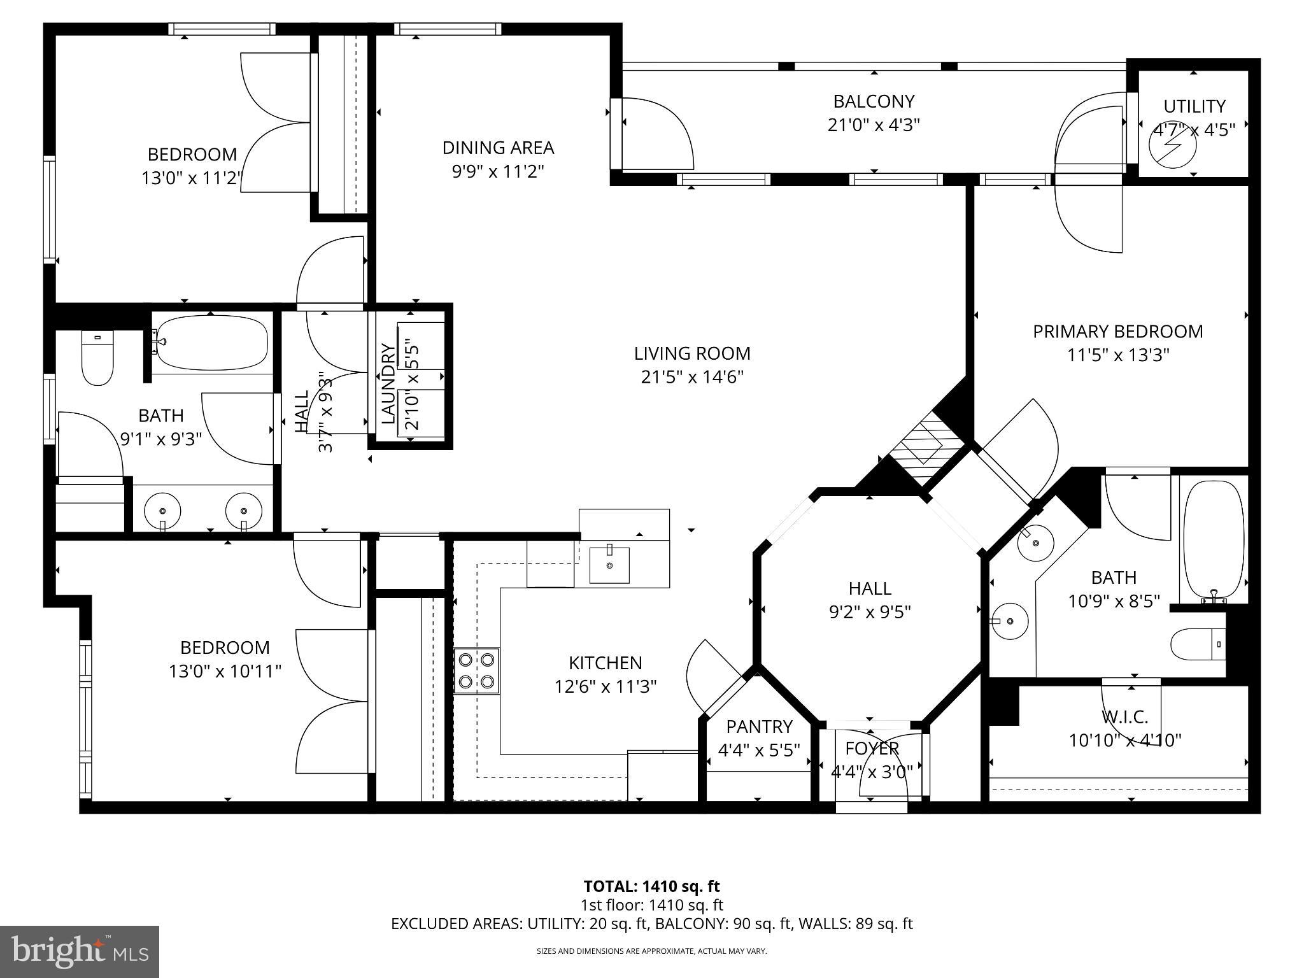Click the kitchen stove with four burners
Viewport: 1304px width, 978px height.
tap(476, 670)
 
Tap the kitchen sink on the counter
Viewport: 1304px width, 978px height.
tap(609, 565)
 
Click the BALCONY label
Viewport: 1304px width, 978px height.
tap(874, 101)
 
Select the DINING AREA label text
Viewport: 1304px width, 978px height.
tap(498, 148)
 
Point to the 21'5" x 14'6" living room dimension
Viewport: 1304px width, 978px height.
tap(692, 377)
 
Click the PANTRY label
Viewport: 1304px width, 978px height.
tap(759, 726)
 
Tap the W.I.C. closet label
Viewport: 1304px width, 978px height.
tap(1124, 717)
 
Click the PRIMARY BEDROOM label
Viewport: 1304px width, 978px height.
tap(1117, 331)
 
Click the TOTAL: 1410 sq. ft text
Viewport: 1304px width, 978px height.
tap(651, 886)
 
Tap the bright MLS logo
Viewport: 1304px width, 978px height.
tap(80, 951)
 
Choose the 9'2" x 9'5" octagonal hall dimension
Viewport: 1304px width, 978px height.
tap(869, 612)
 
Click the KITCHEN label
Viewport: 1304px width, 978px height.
tap(605, 663)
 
